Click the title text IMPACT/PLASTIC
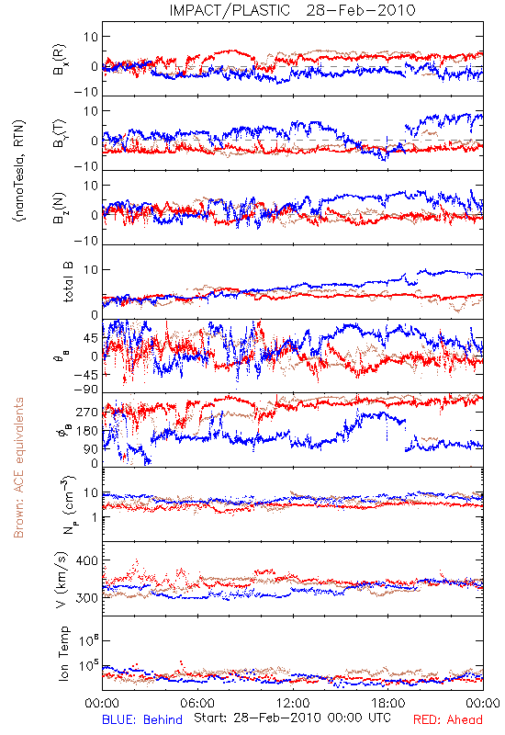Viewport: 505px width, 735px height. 230,10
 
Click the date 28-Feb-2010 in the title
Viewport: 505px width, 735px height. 361,10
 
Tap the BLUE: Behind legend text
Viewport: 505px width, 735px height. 142,719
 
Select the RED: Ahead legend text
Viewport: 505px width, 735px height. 448,719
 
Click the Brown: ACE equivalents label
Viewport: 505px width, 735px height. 18,468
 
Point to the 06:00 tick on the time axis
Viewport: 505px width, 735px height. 197,703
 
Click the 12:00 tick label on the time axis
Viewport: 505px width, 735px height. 293,703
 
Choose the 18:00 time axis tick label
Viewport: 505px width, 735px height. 388,703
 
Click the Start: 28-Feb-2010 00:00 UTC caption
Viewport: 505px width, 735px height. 292,718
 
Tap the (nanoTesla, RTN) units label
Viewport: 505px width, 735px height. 19,170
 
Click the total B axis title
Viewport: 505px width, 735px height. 67,282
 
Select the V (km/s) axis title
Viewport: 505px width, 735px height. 62,580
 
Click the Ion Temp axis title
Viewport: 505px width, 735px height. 63,653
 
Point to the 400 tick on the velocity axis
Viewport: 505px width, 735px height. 86,560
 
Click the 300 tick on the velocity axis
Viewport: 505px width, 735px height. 86,598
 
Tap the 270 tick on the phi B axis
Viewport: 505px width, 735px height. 86,412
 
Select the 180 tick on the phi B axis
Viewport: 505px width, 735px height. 86,430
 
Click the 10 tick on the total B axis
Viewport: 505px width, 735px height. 91,269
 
